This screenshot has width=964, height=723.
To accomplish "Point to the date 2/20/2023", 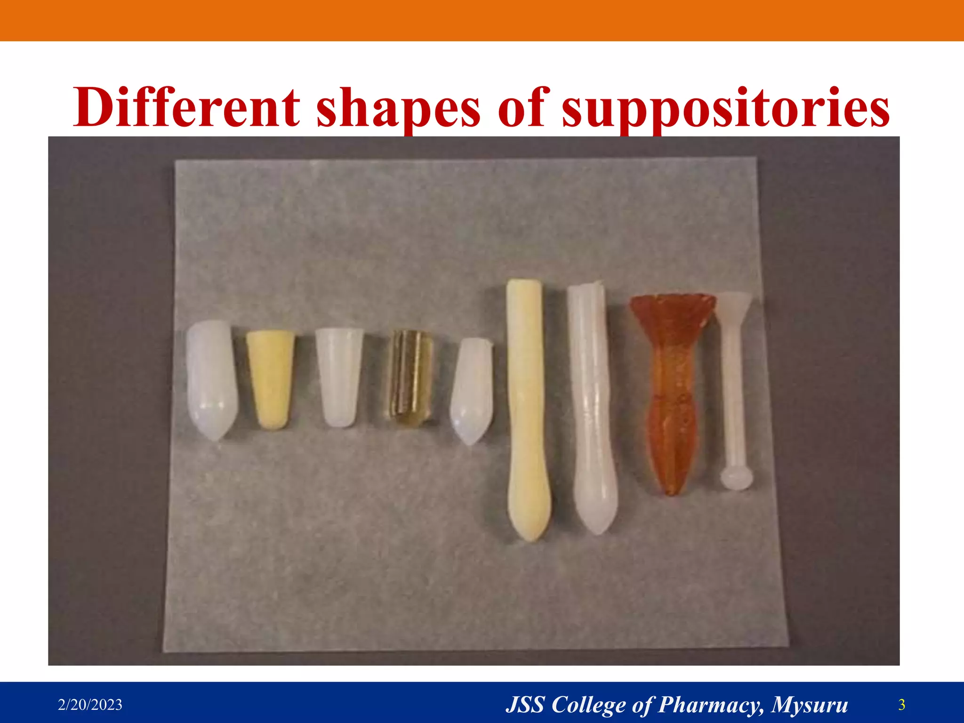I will click(x=90, y=705).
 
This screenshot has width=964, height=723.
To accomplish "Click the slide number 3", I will click(x=902, y=705).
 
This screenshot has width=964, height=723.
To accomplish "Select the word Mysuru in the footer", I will click(x=810, y=705).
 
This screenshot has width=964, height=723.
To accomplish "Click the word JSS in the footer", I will click(x=525, y=705).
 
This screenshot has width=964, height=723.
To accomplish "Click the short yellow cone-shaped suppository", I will click(x=270, y=377).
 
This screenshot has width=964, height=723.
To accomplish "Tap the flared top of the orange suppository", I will click(x=673, y=308).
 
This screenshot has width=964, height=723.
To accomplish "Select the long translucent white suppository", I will click(x=591, y=405).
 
